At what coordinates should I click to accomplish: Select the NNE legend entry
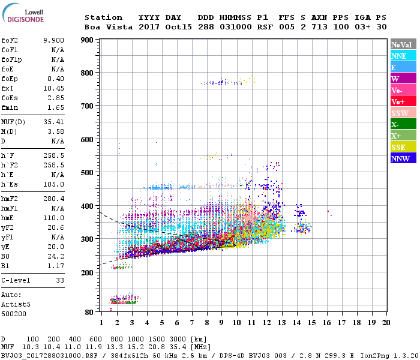point(403,56)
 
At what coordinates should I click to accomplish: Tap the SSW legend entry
point(403,113)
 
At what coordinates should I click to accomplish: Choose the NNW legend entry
point(403,158)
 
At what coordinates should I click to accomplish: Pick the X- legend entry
point(403,124)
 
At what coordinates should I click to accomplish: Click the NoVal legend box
point(403,44)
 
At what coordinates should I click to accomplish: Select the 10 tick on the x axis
point(236,322)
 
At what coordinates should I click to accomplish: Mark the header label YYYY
point(149,17)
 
